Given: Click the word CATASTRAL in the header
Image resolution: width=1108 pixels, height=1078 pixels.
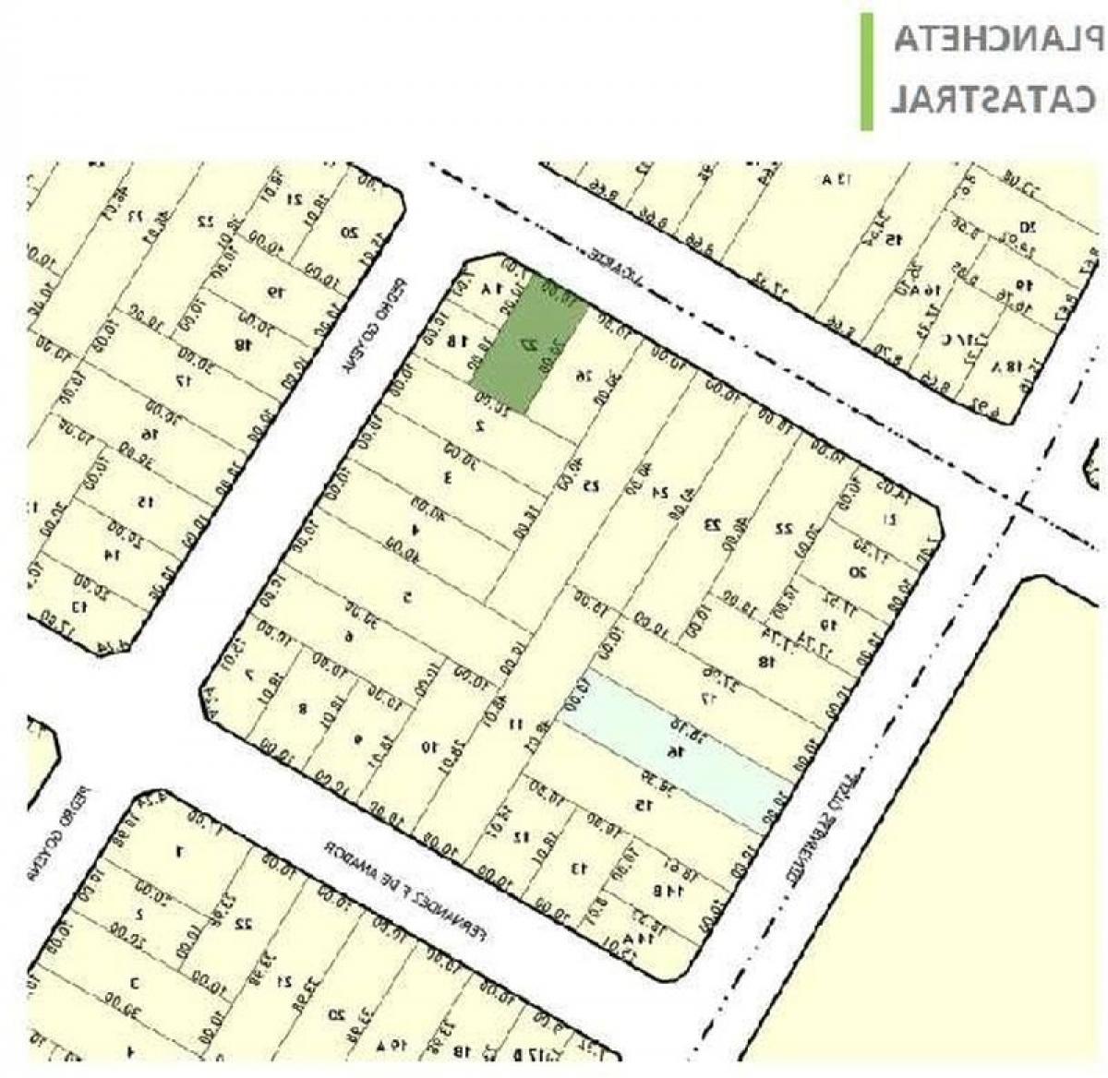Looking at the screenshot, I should pos(993,98).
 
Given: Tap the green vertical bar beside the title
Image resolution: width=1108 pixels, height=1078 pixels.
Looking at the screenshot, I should pos(866,71).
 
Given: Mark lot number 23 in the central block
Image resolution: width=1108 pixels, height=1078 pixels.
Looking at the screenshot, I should pos(713,523).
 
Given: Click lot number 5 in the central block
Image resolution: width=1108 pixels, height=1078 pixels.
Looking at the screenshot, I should pos(407,595).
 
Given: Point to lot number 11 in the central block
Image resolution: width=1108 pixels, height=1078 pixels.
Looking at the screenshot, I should pos(516,724).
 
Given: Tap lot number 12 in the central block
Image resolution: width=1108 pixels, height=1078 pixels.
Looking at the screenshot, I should pos(522,836).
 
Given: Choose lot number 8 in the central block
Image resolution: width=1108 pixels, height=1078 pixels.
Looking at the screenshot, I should pos(302,709).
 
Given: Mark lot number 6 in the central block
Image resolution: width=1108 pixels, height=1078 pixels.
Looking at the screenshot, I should pos(348,635).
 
